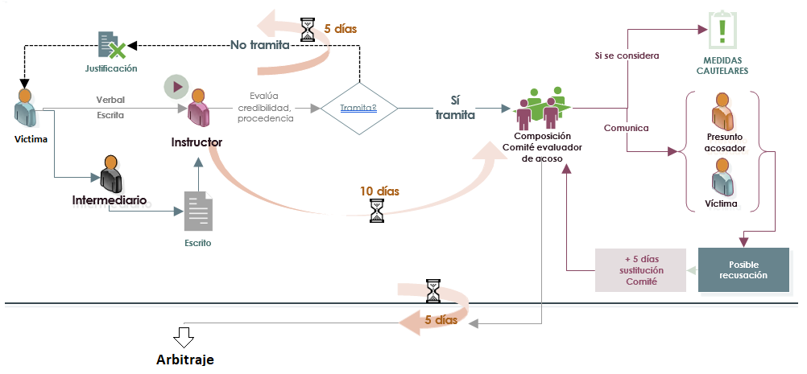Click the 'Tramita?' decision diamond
[x=358, y=107]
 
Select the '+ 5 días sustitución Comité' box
[x=640, y=269]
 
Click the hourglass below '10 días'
[x=377, y=211]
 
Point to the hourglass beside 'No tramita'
[x=308, y=29]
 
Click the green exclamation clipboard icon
[x=722, y=31]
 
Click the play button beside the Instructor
[x=176, y=86]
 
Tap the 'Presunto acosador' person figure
[x=722, y=113]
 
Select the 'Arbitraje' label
[x=185, y=358]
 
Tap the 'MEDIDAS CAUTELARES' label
[x=722, y=65]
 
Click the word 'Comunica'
[x=626, y=128]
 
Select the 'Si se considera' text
[x=627, y=56]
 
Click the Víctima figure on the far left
[x=26, y=108]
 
